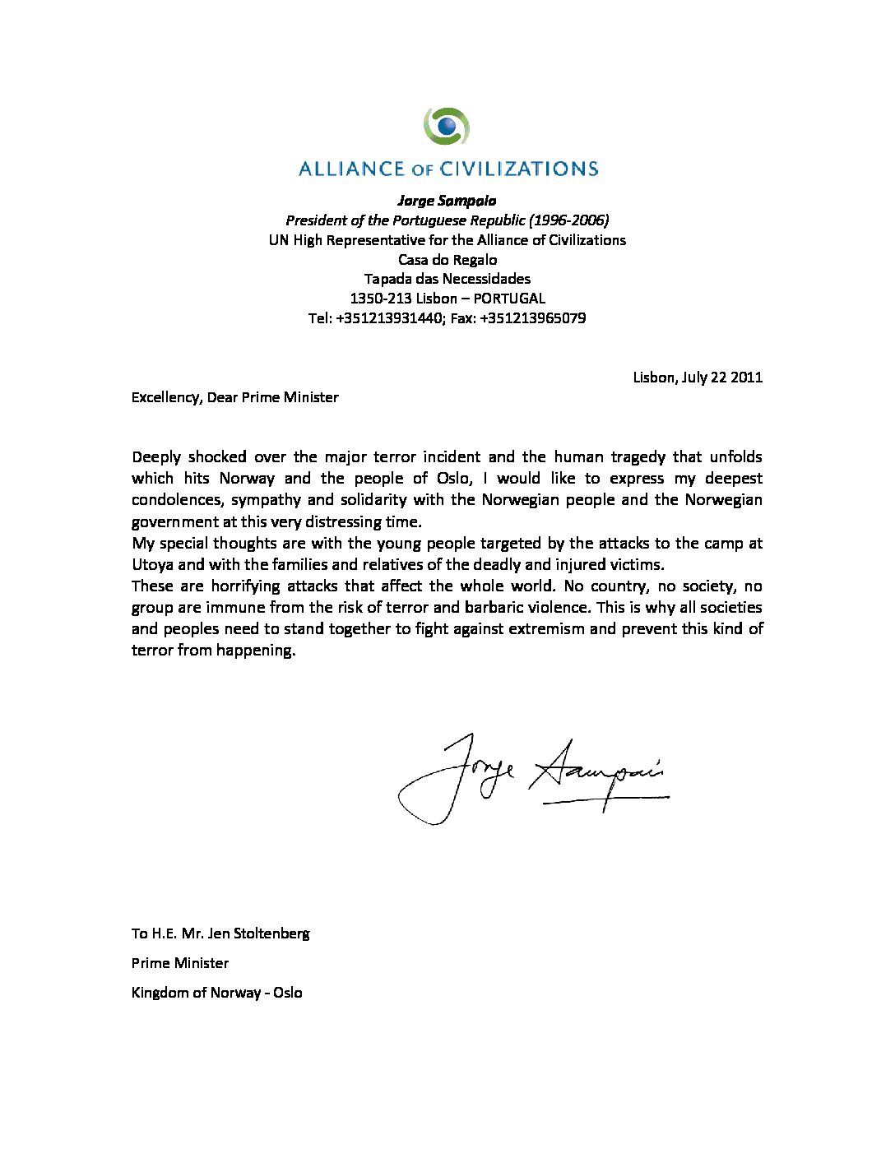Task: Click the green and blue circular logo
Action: coord(447,126)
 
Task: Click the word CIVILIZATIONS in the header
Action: coord(519,169)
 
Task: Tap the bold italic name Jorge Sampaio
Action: coord(447,201)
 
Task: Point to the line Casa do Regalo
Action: coord(447,260)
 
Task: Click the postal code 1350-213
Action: coord(380,299)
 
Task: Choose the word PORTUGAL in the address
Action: coord(509,299)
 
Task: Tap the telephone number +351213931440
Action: coord(389,318)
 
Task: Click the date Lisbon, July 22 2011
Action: coord(698,378)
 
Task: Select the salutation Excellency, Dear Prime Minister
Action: coord(235,397)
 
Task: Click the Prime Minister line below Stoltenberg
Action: coord(180,963)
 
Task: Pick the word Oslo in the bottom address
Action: coord(288,993)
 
